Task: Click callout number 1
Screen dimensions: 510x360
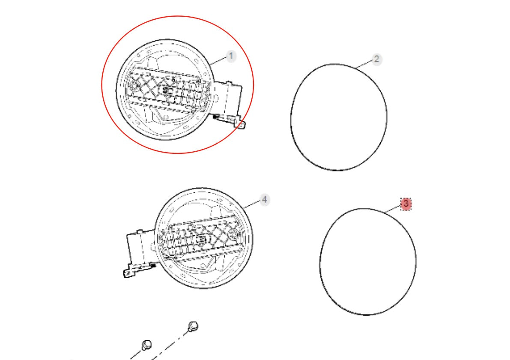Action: [231, 56]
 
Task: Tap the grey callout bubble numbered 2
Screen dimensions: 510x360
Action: [376, 59]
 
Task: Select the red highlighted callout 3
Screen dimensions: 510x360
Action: [406, 204]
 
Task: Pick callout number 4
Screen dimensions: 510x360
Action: [265, 200]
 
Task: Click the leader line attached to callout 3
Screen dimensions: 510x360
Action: [393, 209]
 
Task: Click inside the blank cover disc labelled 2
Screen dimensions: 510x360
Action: [339, 117]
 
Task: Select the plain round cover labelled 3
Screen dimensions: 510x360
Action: [368, 262]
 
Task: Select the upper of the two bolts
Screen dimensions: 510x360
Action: [193, 326]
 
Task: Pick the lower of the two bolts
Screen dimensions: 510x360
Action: [147, 345]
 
